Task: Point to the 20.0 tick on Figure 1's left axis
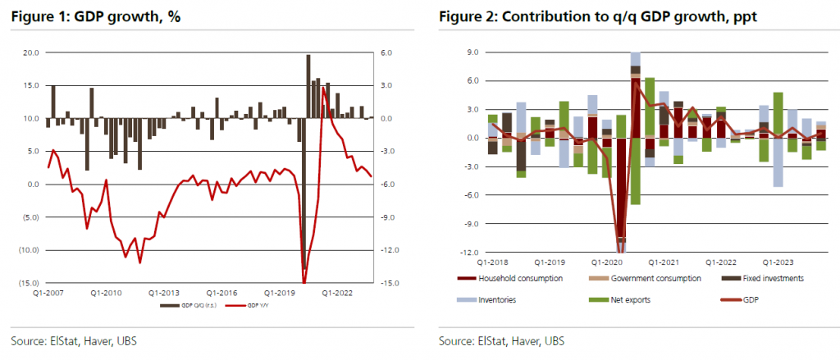[x=30, y=52]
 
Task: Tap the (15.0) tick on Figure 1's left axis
[x=29, y=283]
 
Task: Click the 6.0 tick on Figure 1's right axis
[x=385, y=52]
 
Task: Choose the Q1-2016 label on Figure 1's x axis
[x=221, y=292]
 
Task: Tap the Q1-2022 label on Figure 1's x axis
[x=337, y=292]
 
